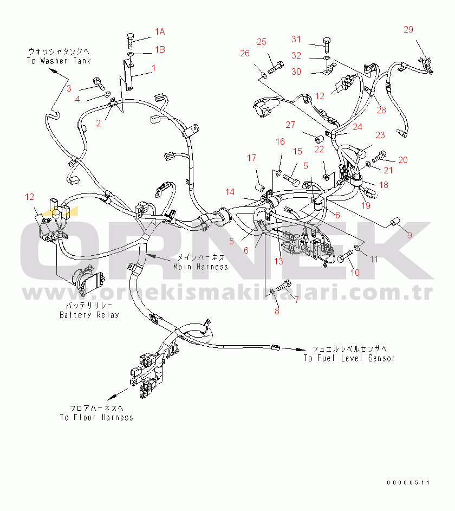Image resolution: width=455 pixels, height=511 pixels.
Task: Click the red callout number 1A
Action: pos(160,31)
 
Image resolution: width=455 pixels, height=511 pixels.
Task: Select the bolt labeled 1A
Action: pos(130,41)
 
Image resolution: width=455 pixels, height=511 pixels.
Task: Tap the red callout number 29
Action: pos(408,29)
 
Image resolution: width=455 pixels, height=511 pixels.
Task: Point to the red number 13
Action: pos(278,261)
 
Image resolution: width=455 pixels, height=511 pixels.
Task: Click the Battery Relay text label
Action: pos(89,315)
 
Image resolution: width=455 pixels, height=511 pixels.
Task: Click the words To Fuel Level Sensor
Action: pos(349,358)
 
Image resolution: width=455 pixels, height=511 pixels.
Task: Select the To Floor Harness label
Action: pos(96,417)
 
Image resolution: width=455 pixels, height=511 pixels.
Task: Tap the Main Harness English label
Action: pos(200,267)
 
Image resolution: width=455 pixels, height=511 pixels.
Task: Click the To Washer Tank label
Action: pos(58,61)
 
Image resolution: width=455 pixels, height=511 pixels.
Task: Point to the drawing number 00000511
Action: pos(408,483)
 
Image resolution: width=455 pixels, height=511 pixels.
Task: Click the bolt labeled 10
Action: pos(344,256)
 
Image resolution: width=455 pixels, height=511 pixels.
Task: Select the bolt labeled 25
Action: pos(275,68)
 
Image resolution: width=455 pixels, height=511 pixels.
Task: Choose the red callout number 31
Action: pos(296,39)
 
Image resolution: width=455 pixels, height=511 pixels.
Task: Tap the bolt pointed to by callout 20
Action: pos(379,157)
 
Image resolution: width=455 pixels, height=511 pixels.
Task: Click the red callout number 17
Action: pos(251,158)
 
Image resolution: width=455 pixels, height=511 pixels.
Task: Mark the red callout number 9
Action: pos(409,235)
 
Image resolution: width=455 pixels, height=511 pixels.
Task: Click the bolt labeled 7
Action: pos(284,286)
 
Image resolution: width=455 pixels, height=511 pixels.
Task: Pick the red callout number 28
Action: pos(381,110)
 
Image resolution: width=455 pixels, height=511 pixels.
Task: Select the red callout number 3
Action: pos(69,88)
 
